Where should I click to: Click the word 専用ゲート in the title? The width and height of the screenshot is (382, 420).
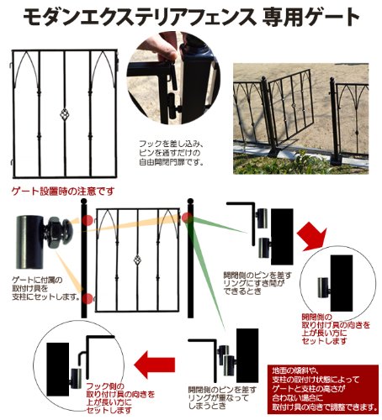pyautogui.click(x=310, y=18)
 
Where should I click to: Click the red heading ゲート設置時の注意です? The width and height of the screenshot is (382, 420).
pyautogui.click(x=63, y=192)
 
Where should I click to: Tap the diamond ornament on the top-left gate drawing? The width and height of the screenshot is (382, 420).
pyautogui.click(x=65, y=114)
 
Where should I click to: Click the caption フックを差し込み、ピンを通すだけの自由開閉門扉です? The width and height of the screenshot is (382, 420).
pyautogui.click(x=171, y=153)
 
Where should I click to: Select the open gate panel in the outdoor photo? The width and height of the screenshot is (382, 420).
pyautogui.click(x=292, y=108)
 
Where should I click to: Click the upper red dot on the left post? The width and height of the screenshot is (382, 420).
pyautogui.click(x=88, y=221)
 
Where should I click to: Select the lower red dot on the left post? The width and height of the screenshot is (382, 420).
pyautogui.click(x=88, y=299)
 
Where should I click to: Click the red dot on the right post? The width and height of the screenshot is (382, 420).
pyautogui.click(x=187, y=218)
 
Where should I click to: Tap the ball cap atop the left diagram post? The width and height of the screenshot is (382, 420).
pyautogui.click(x=84, y=202)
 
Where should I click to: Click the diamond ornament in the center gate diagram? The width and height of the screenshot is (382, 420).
pyautogui.click(x=137, y=260)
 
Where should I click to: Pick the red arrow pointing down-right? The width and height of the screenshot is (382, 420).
pyautogui.click(x=312, y=236)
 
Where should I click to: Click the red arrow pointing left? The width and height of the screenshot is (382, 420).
pyautogui.click(x=155, y=365)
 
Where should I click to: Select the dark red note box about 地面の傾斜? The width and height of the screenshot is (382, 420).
pyautogui.click(x=323, y=389)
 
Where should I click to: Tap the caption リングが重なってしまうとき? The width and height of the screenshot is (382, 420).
pyautogui.click(x=222, y=397)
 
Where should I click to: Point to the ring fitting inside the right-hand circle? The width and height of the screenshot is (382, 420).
pyautogui.click(x=324, y=287)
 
